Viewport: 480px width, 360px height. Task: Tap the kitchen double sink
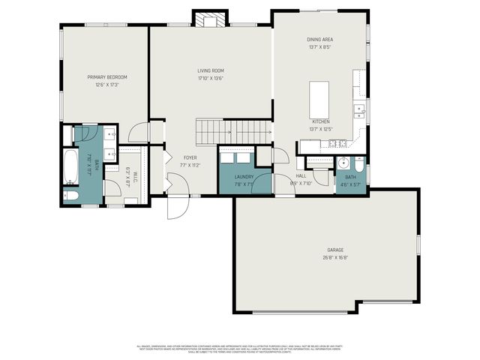click(360, 112)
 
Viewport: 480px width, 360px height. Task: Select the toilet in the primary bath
click(70, 196)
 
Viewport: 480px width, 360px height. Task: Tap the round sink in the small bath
click(342, 163)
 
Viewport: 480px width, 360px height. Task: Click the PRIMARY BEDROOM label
click(106, 77)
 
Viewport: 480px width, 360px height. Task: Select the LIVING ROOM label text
click(211, 70)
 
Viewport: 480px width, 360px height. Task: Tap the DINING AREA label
click(319, 39)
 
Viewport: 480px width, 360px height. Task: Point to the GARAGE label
click(334, 250)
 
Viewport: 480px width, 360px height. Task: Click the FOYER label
click(190, 157)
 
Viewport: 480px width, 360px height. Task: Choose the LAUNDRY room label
click(243, 177)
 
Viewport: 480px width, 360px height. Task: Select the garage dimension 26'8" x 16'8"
click(334, 257)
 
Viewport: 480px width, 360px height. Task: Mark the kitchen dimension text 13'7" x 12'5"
click(320, 128)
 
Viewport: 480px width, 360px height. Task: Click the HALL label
click(300, 175)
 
